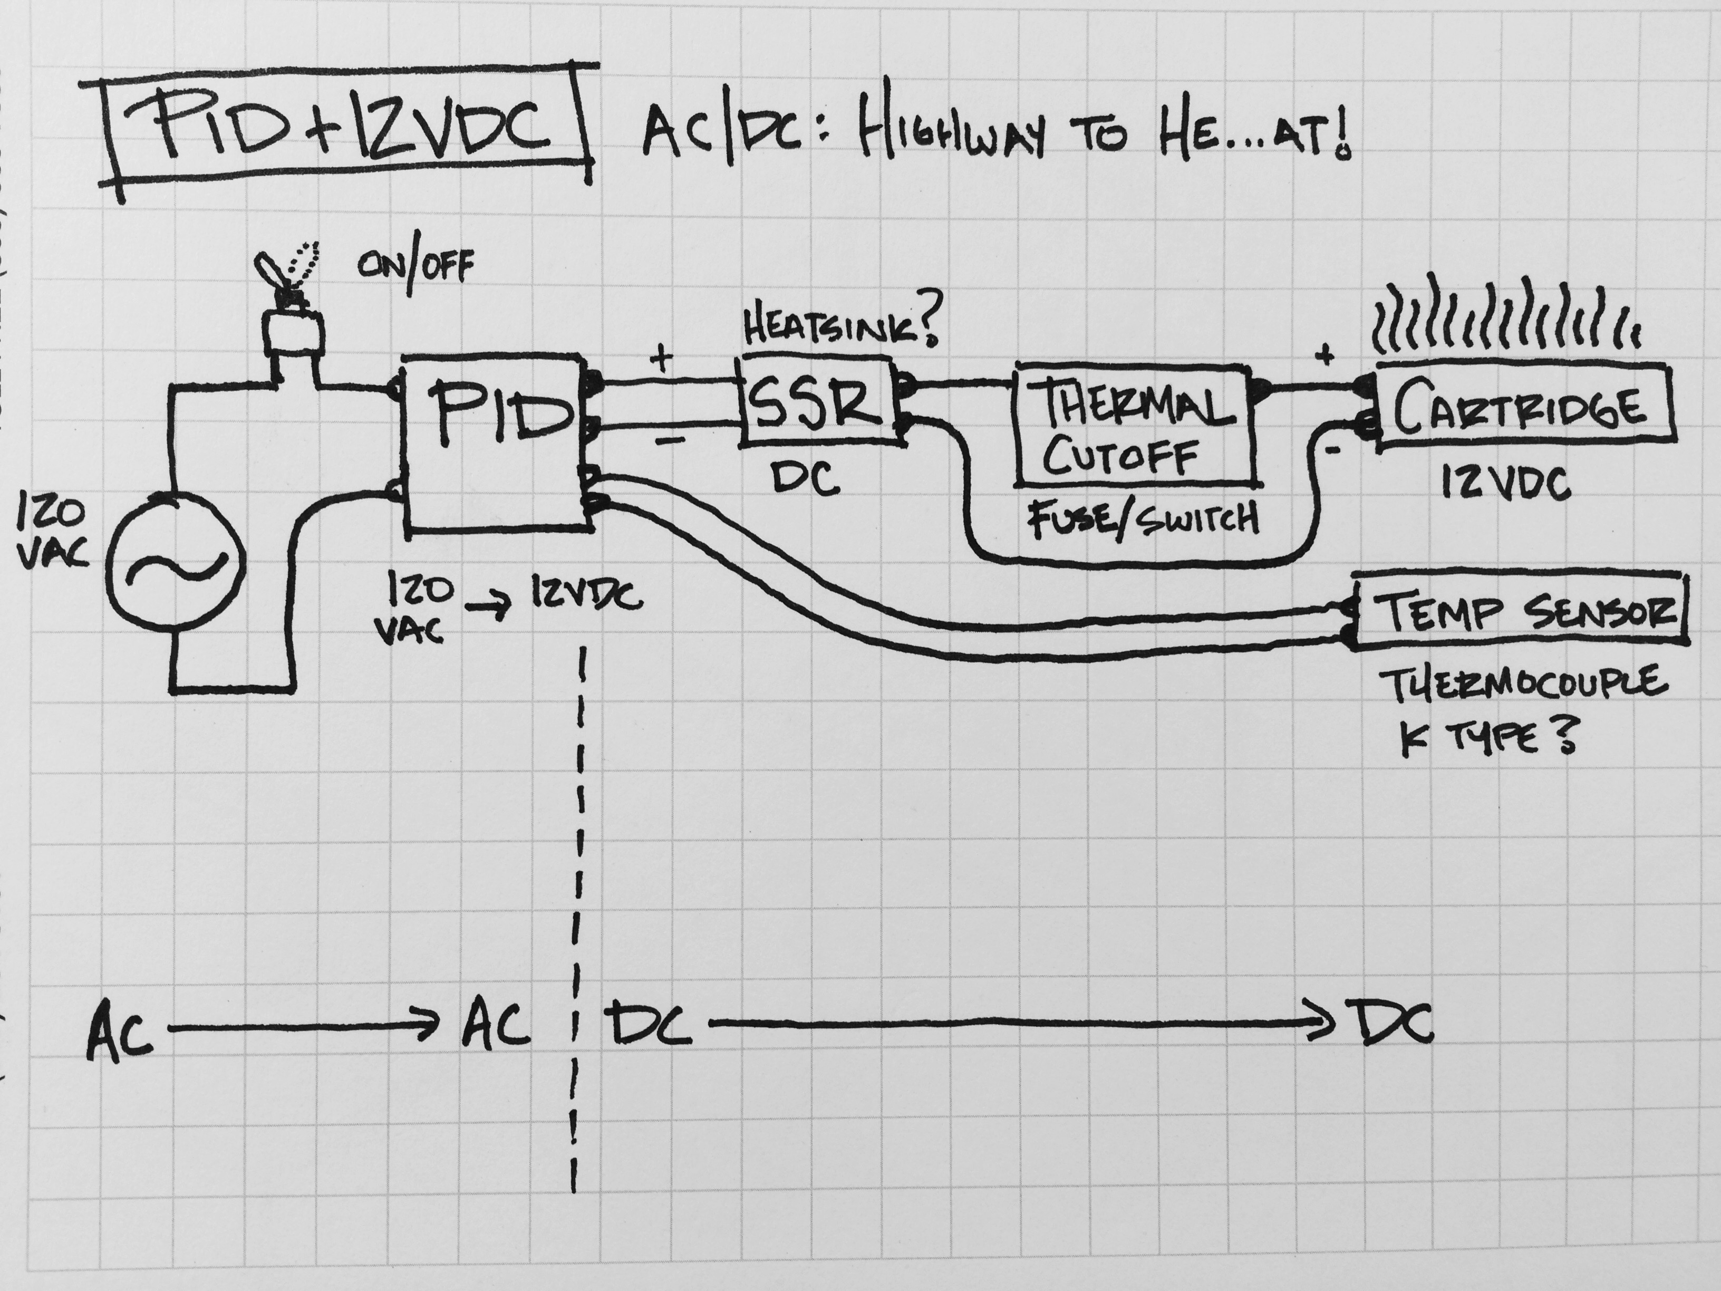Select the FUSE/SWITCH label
point(1143,517)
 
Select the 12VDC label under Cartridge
point(1505,485)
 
